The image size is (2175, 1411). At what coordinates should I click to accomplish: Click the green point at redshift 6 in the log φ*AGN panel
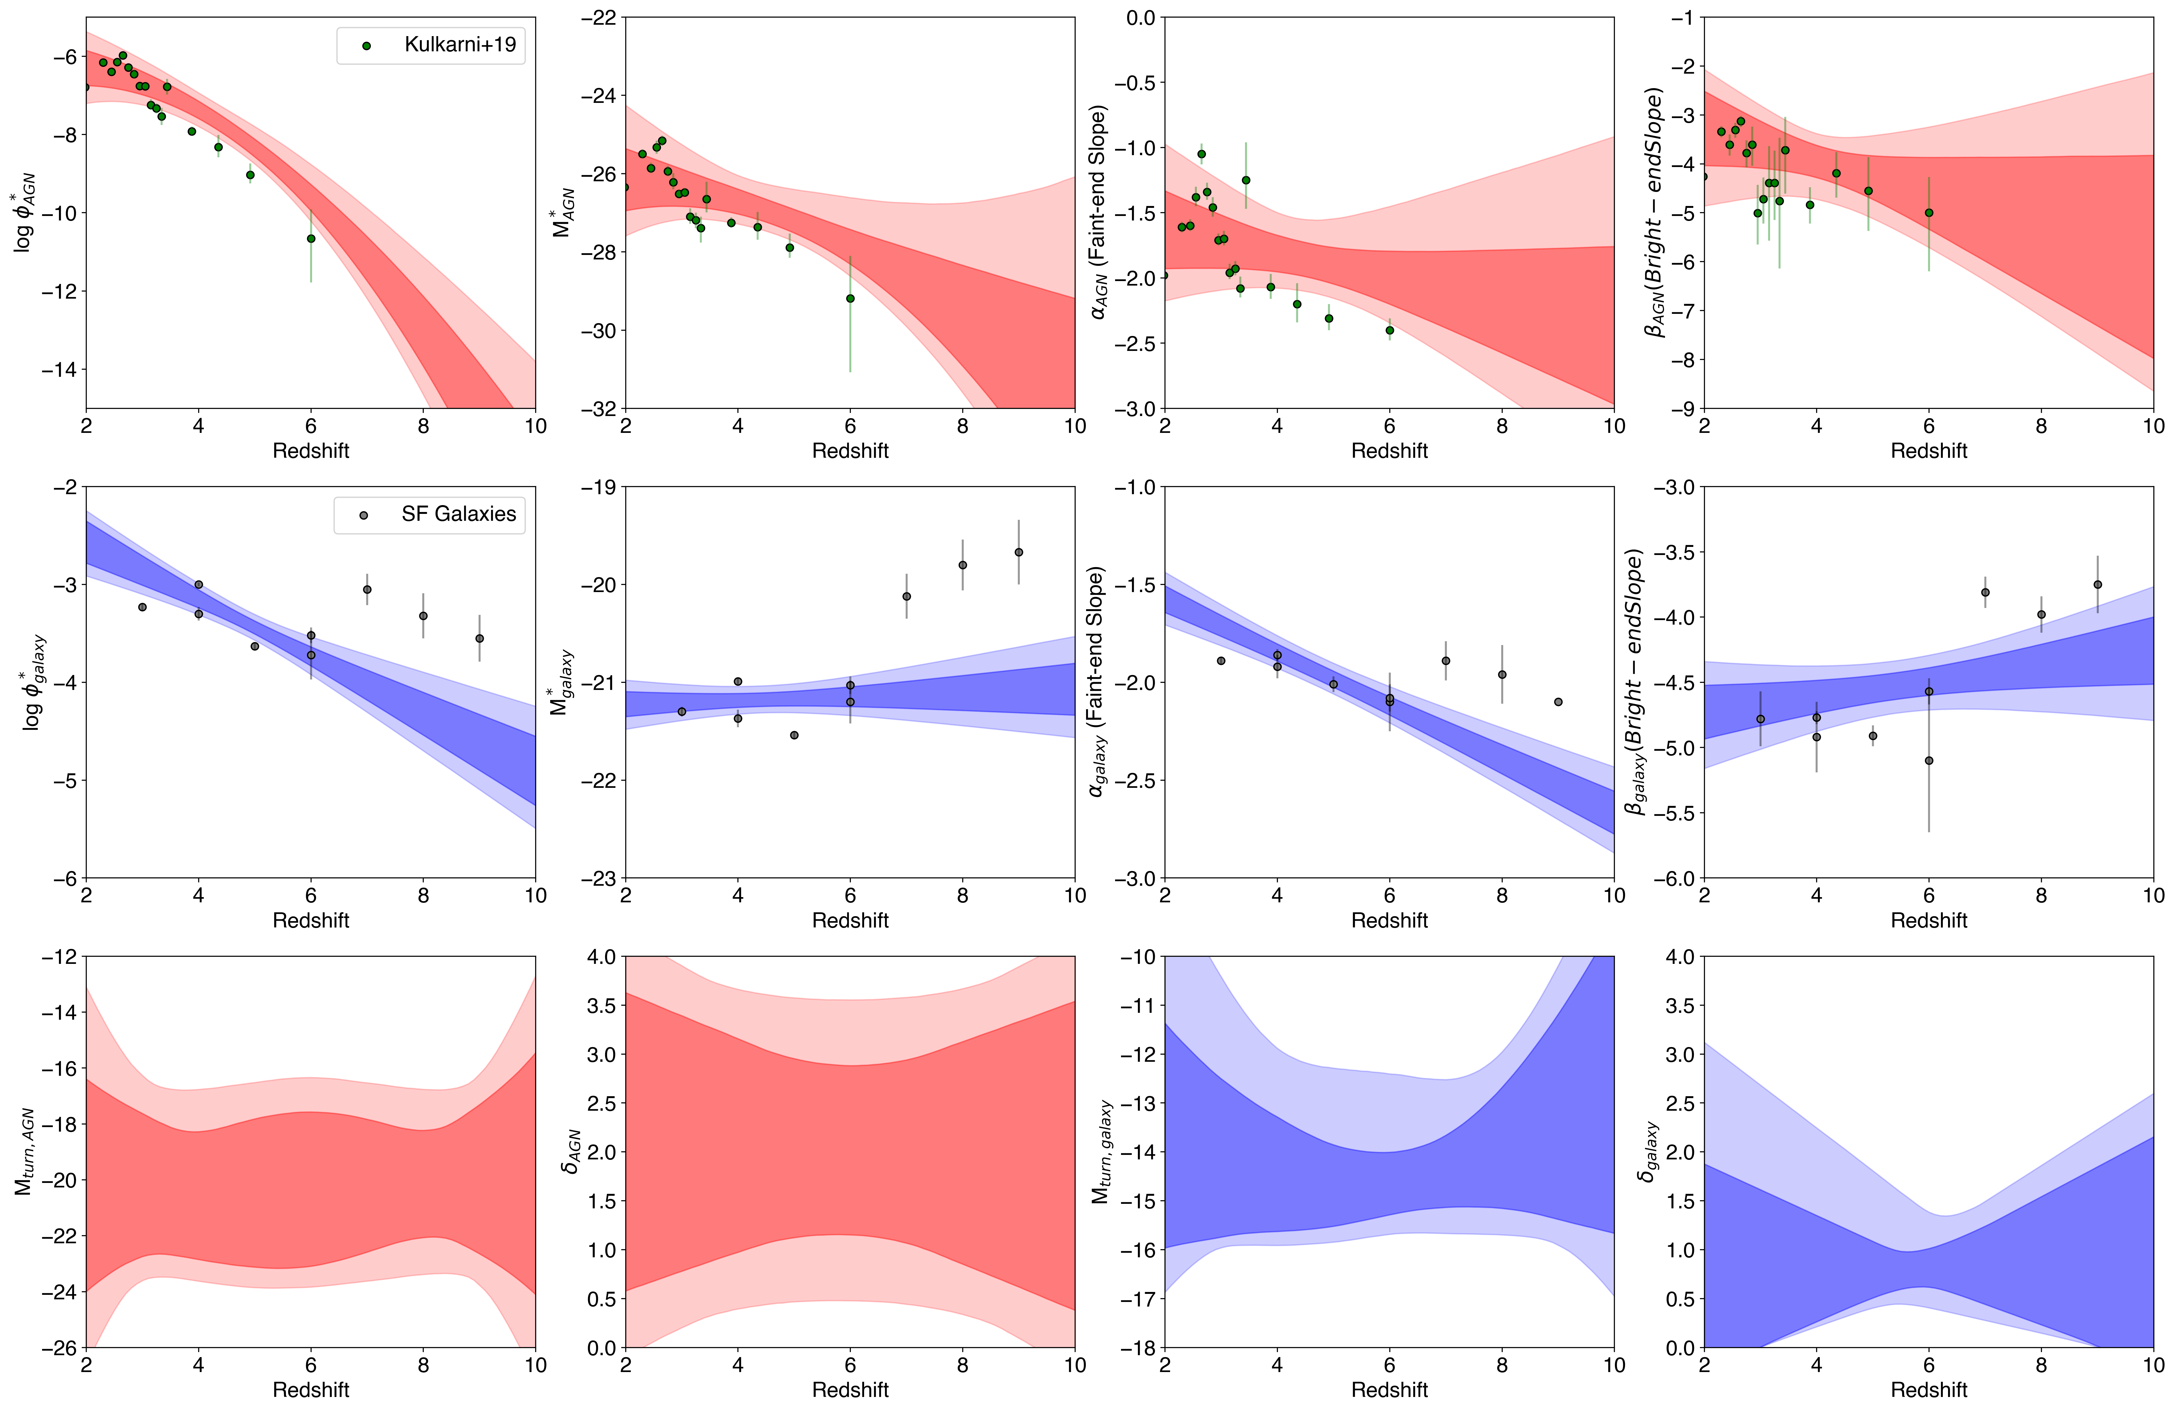pos(311,239)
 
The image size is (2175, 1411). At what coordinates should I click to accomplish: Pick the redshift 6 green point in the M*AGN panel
pos(850,298)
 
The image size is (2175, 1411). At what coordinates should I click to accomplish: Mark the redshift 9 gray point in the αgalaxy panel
pos(1558,702)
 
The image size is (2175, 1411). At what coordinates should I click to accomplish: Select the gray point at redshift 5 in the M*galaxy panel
pos(794,735)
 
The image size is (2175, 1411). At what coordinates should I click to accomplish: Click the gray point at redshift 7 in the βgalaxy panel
pos(1985,592)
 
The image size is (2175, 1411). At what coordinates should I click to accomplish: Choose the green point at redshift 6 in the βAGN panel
pos(1929,213)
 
